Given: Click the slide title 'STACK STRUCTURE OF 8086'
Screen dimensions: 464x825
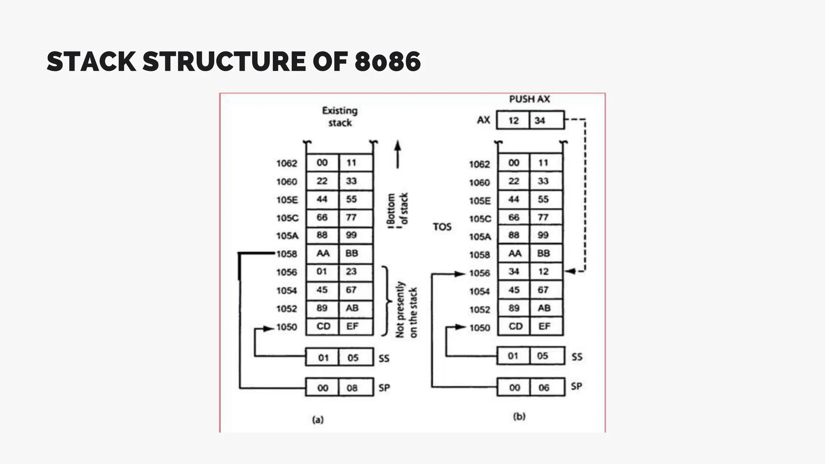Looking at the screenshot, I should click(234, 62).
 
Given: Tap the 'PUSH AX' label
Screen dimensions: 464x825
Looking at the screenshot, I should click(529, 99).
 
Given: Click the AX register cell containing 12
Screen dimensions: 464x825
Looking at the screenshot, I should click(513, 120).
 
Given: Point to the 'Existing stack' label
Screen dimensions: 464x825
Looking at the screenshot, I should click(340, 116).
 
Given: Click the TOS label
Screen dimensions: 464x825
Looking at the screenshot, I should click(442, 227).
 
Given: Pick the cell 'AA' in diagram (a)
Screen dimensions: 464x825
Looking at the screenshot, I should click(323, 253).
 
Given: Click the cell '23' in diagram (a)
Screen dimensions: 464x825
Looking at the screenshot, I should click(351, 271).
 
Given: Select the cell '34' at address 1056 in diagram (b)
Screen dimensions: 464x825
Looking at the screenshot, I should click(514, 271).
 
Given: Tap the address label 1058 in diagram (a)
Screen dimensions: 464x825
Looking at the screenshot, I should click(286, 254).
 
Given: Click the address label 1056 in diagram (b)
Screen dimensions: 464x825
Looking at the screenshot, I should click(479, 273).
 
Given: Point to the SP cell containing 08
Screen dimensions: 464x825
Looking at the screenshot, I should click(352, 388).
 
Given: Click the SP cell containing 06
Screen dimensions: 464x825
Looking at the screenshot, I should click(543, 387).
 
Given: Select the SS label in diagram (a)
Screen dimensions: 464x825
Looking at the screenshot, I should click(384, 358).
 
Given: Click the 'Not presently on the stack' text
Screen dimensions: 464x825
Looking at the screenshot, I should click(406, 310).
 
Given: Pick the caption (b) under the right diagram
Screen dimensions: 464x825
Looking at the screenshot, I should click(519, 416).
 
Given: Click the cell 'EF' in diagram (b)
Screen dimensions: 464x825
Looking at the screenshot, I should click(544, 326).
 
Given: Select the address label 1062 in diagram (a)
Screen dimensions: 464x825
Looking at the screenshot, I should click(286, 164).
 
